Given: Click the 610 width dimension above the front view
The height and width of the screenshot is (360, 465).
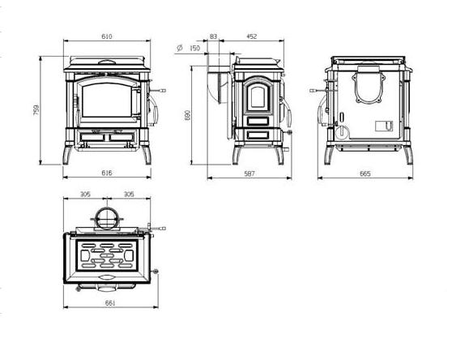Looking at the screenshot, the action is pos(107,36).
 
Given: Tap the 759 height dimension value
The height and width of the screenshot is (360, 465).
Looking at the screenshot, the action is pos(36,110).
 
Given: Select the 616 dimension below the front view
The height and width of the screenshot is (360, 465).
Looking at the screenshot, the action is pos(107,173).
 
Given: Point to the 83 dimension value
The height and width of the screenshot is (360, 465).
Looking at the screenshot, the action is pos(213,36).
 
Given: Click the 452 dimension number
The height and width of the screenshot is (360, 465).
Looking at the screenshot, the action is pos(251,36).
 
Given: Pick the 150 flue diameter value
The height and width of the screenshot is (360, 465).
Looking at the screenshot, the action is pos(194,48).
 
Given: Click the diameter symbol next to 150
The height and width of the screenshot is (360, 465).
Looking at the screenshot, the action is pos(179,48).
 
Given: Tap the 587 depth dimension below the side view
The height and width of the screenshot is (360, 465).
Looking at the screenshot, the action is pos(250,174).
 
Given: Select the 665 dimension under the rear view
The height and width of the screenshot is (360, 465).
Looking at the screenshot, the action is pos(365,174).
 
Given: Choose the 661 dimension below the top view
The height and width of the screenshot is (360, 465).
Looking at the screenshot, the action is pos(110,303).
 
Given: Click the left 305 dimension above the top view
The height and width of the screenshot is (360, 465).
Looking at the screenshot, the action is pos(85,195).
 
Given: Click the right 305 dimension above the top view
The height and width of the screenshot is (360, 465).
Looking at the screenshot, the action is pos(129,195).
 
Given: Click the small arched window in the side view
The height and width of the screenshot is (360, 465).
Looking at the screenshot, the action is pos(258,97).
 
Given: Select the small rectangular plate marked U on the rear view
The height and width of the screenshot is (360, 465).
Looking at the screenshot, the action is pos(384,126).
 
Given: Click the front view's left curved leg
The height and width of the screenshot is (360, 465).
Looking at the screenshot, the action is pos(67,155).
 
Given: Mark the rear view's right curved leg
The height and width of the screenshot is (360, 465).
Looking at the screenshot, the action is pos(408,155).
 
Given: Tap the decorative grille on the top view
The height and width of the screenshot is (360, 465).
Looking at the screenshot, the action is pos(107,255).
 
